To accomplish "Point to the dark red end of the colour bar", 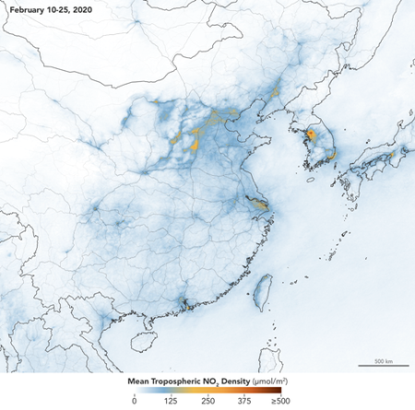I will [278, 390].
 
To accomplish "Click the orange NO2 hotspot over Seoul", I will [311, 135].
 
